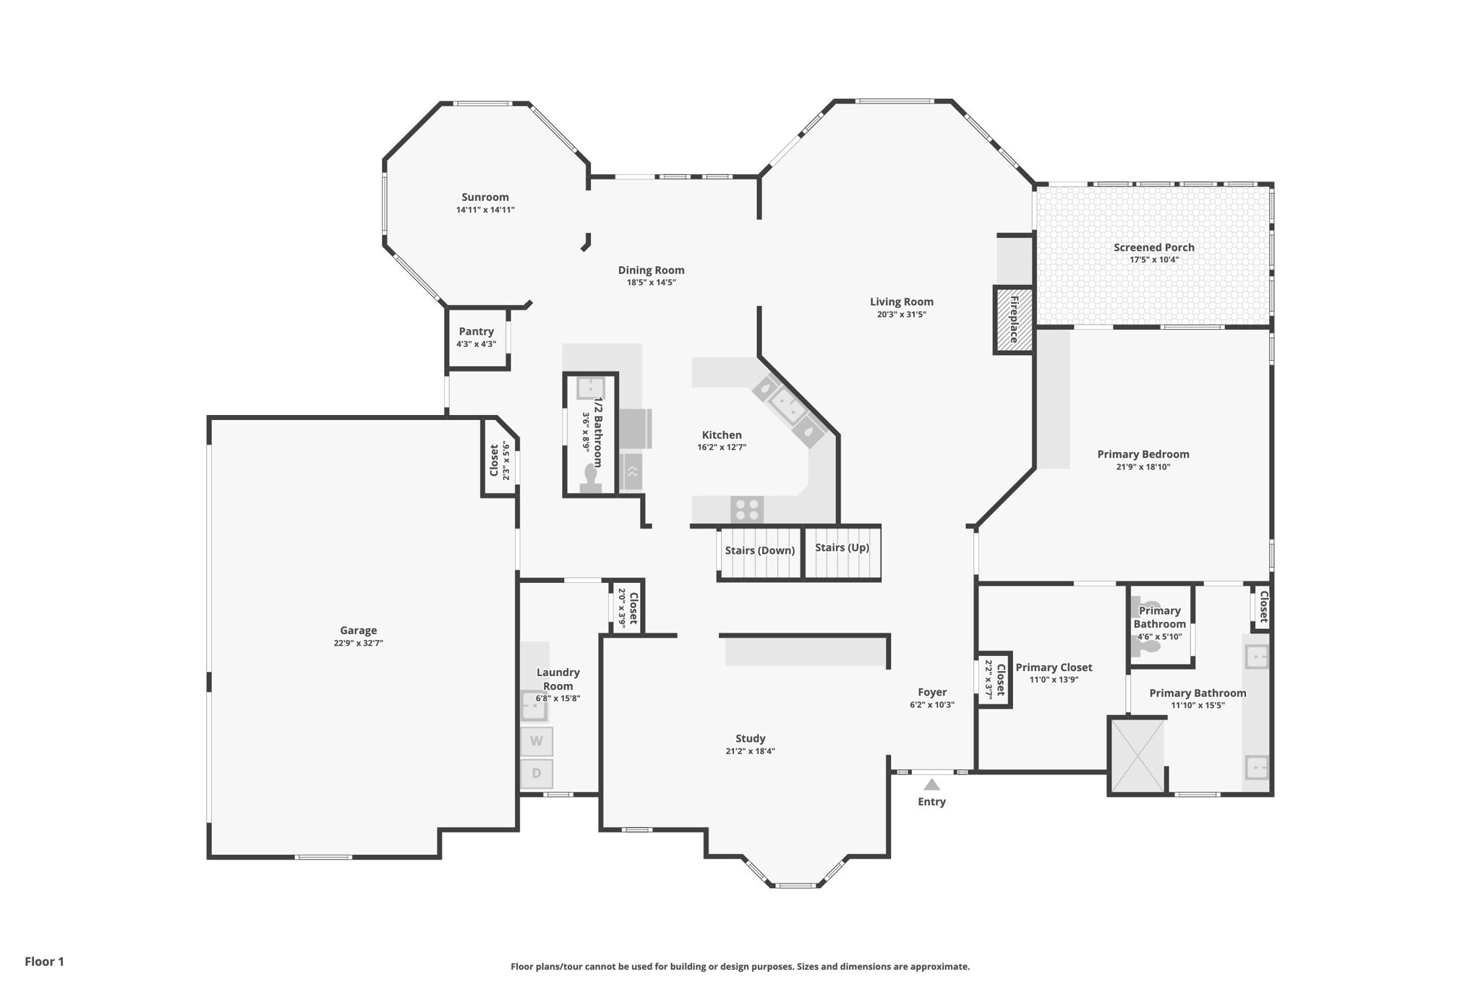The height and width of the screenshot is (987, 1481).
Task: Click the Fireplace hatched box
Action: pyautogui.click(x=1014, y=320)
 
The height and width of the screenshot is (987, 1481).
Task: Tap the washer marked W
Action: pyautogui.click(x=537, y=741)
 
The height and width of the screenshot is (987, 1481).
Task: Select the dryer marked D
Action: pyautogui.click(x=537, y=774)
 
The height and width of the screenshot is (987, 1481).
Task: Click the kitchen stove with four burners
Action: pyautogui.click(x=747, y=509)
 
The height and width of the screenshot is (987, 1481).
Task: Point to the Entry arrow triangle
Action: pyautogui.click(x=931, y=785)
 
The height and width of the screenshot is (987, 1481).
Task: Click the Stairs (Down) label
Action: pyautogui.click(x=760, y=550)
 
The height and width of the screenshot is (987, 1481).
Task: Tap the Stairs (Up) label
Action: pyautogui.click(x=842, y=547)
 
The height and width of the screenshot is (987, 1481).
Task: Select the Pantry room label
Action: pyautogui.click(x=477, y=331)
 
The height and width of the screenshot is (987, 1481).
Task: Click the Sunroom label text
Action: pyautogui.click(x=485, y=197)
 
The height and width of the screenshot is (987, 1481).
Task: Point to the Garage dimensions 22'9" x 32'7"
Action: pyautogui.click(x=359, y=643)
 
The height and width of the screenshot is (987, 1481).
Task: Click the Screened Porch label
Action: pyautogui.click(x=1154, y=247)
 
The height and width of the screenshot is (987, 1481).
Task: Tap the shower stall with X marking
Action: pyautogui.click(x=1138, y=756)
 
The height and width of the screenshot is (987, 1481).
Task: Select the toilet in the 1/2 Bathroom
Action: pyautogui.click(x=591, y=478)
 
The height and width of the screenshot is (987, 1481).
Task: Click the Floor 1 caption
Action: pyautogui.click(x=45, y=962)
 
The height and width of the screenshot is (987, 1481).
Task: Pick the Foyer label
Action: pyautogui.click(x=932, y=692)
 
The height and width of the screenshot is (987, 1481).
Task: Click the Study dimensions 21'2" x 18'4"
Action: pyautogui.click(x=751, y=751)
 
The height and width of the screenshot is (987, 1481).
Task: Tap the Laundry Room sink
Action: pyautogui.click(x=534, y=706)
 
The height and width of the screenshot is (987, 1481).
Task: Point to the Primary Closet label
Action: pyautogui.click(x=1054, y=667)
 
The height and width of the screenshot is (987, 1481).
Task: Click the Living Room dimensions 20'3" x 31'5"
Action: pyautogui.click(x=902, y=315)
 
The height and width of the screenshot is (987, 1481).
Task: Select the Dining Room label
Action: pyautogui.click(x=651, y=270)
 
